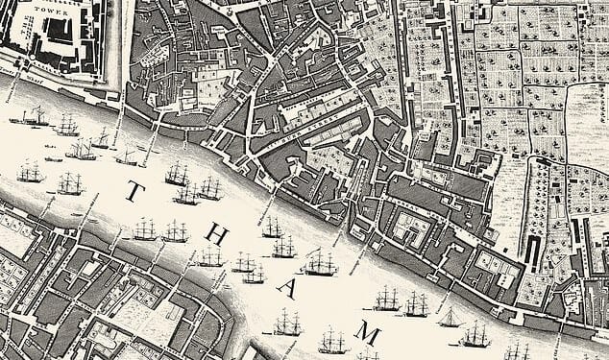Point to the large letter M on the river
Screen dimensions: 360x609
coord(366,332)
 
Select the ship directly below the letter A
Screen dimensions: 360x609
coord(286,324)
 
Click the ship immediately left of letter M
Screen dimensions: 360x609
coord(333,337)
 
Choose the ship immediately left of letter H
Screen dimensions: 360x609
coord(175,230)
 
